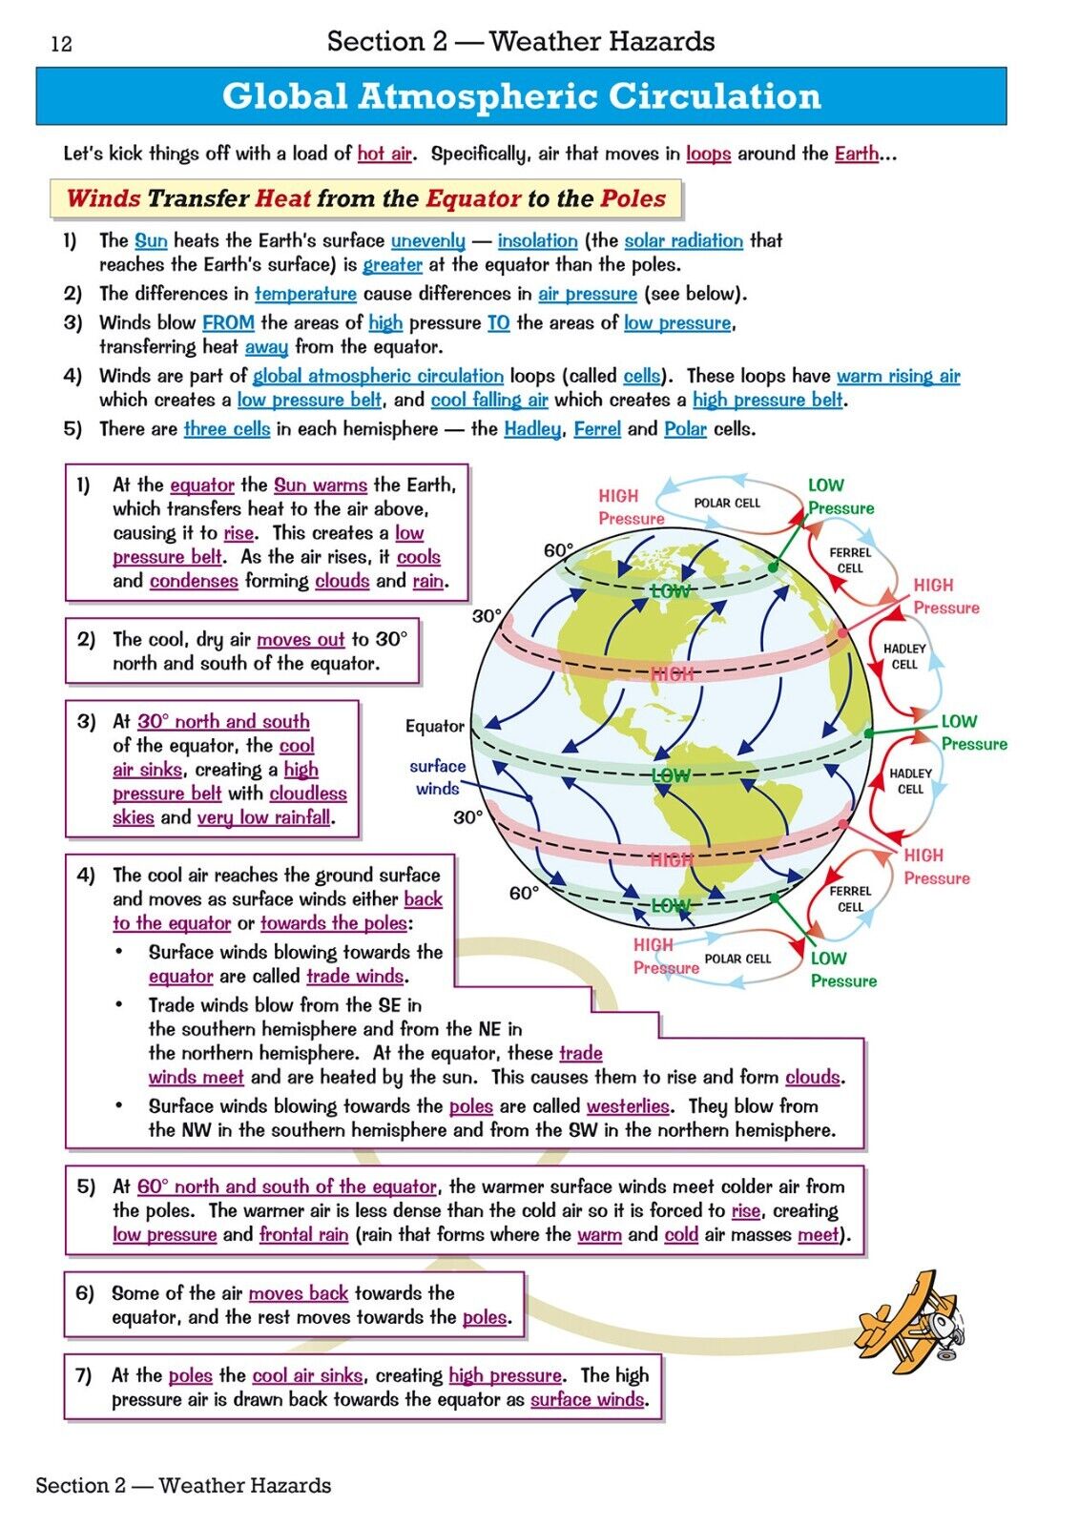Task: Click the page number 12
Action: point(61,44)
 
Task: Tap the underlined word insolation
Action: point(537,241)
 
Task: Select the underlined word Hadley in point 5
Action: point(532,429)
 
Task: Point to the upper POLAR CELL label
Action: point(727,503)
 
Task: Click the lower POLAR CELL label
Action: point(737,959)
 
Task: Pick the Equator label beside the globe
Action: point(435,727)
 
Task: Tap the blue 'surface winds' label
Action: point(437,777)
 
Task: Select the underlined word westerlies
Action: point(628,1106)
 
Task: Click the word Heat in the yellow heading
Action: point(282,199)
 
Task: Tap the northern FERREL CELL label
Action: point(850,560)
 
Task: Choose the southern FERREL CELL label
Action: point(850,898)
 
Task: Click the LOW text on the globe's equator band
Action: point(671,775)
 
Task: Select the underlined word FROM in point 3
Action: point(228,323)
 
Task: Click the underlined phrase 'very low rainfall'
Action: point(264,818)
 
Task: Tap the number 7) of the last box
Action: point(84,1375)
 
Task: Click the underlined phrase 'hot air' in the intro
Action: point(384,154)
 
